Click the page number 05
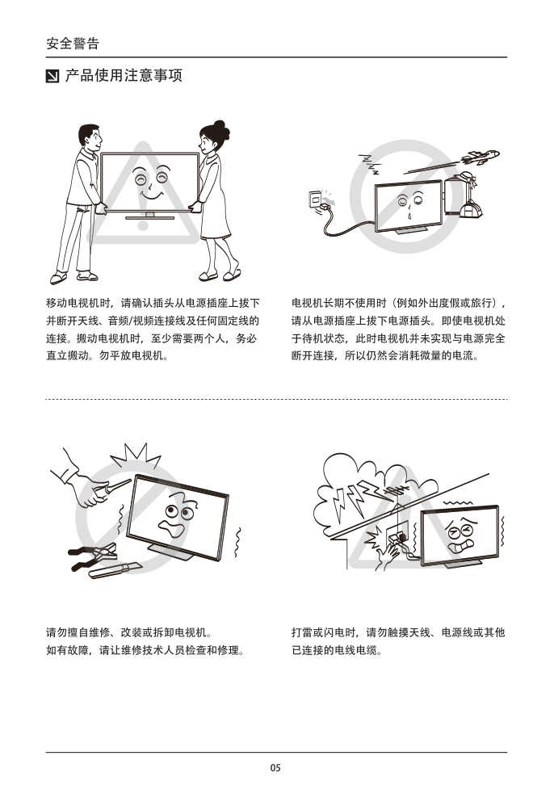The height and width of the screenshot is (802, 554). coord(275,768)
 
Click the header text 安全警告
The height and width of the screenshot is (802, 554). coord(73,44)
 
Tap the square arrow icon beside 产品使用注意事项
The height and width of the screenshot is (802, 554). coord(52,76)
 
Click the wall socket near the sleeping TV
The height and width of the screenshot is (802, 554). coord(317,199)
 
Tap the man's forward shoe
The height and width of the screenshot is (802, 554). coord(58,279)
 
